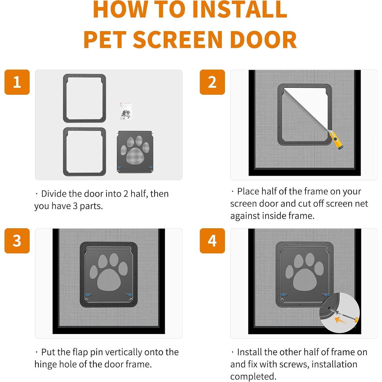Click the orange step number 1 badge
17,82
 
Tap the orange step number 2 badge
212,82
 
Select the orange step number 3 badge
17,241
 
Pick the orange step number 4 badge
212,241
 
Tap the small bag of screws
126,111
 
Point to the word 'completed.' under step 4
253,376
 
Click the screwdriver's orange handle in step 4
356,319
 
